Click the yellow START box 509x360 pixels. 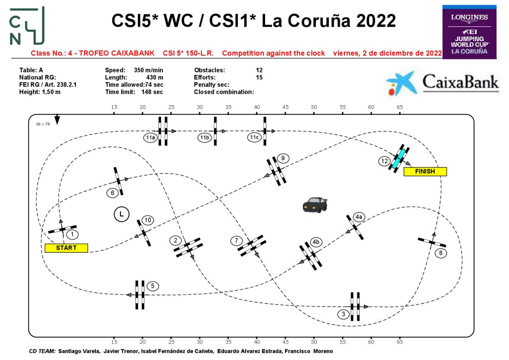click(66, 248)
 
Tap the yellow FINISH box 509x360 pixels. click(425, 172)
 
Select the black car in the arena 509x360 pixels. click(315, 204)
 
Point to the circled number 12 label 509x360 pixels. click(385, 161)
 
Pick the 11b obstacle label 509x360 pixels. click(204, 137)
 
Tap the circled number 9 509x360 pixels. click(283, 159)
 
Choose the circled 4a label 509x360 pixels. click(359, 217)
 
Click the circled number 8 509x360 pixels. click(441, 253)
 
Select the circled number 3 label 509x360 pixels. click(343, 314)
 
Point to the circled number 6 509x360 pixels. click(112, 193)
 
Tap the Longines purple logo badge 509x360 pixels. click(469, 32)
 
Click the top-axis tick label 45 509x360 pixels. click(285, 107)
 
